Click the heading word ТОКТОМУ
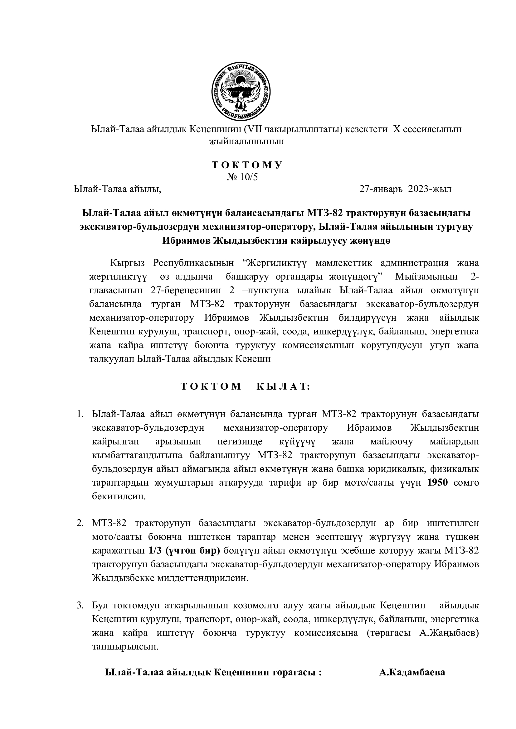247,165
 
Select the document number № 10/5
242,177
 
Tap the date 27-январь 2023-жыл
405,189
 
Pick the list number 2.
80,523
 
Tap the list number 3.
80,605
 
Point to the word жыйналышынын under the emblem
246,141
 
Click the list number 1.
80,414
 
